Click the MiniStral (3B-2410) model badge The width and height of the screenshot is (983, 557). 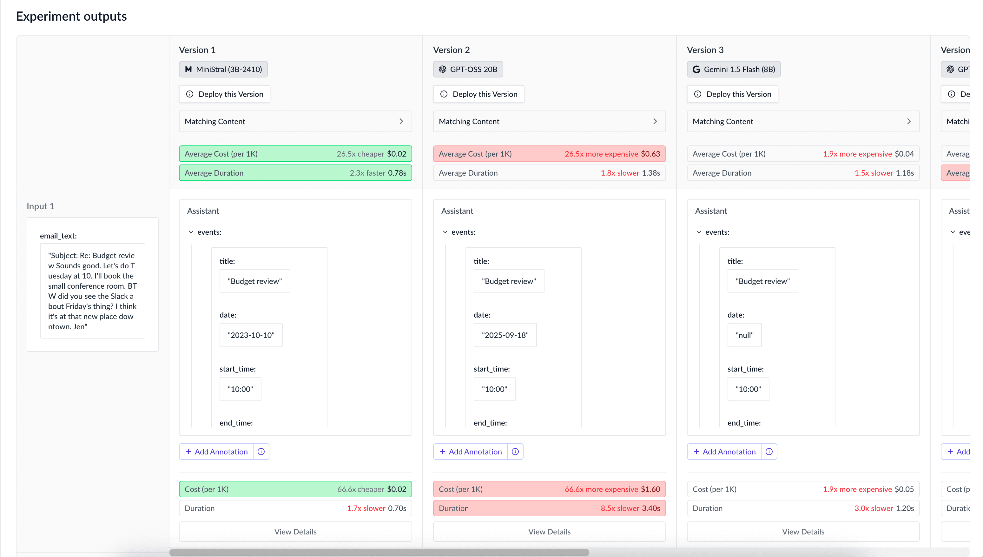click(x=223, y=69)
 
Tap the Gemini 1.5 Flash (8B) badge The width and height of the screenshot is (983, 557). click(x=733, y=69)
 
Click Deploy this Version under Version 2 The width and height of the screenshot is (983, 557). click(x=478, y=94)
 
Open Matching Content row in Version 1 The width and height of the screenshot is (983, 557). click(x=295, y=121)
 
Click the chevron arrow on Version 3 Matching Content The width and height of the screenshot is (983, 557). click(x=909, y=121)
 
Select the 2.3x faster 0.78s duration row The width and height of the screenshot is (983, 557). click(x=295, y=173)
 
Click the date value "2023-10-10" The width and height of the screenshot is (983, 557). click(x=251, y=335)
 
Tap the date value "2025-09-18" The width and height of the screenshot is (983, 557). click(x=505, y=335)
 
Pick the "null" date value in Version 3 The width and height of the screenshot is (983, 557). click(x=744, y=335)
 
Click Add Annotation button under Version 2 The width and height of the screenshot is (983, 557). click(x=471, y=452)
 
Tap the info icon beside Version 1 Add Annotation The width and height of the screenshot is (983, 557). click(x=261, y=452)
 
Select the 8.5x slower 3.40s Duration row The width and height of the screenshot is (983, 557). click(x=549, y=508)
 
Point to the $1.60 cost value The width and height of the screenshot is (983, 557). click(x=650, y=489)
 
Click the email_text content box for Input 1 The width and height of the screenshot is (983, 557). click(x=92, y=291)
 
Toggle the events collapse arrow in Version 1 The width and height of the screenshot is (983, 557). click(x=191, y=232)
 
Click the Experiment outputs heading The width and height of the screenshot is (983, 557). click(x=71, y=17)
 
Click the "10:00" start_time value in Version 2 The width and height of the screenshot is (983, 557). click(x=494, y=389)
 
